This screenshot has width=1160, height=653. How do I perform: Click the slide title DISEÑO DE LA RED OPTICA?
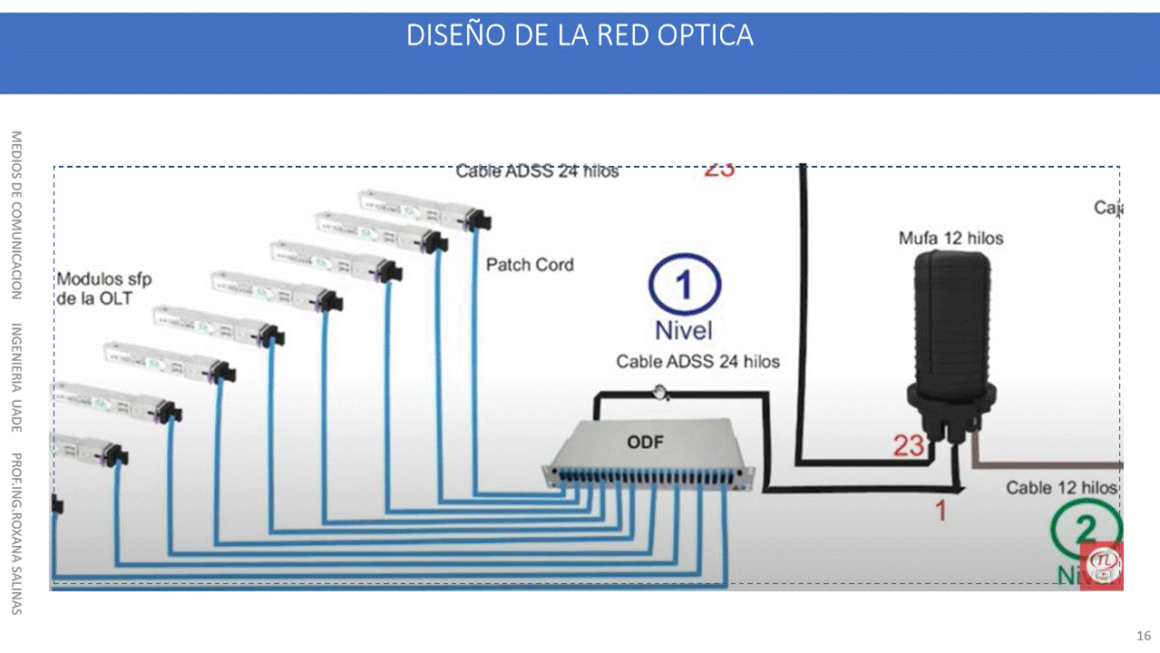pyautogui.click(x=580, y=35)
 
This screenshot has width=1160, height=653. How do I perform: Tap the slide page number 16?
pyautogui.click(x=1144, y=635)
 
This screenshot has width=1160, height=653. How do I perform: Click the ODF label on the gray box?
pyautogui.click(x=645, y=443)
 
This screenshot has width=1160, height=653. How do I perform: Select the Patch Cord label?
pyautogui.click(x=530, y=265)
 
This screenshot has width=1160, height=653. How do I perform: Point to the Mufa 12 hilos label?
pyautogui.click(x=951, y=239)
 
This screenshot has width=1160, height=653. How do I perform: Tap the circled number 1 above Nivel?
pyautogui.click(x=684, y=286)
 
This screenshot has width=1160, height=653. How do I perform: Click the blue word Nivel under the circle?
pyautogui.click(x=684, y=330)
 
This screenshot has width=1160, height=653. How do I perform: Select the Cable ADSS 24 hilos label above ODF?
pyautogui.click(x=697, y=361)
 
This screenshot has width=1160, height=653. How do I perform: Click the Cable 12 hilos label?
pyautogui.click(x=1061, y=488)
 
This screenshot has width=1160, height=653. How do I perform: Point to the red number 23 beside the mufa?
pyautogui.click(x=908, y=445)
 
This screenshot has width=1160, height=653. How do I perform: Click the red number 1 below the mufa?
pyautogui.click(x=941, y=511)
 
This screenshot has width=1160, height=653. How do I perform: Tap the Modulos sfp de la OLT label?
pyautogui.click(x=104, y=288)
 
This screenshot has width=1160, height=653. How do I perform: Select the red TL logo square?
pyautogui.click(x=1102, y=566)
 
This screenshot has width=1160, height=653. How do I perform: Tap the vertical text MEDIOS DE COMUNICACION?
pyautogui.click(x=16, y=215)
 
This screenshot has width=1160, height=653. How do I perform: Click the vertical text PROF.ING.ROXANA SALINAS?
pyautogui.click(x=16, y=532)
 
